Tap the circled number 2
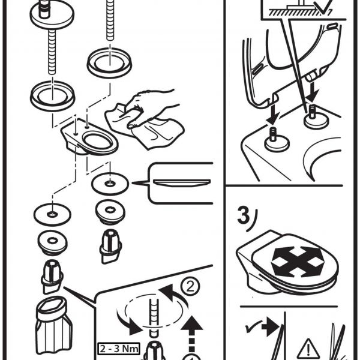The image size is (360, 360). click(190, 286)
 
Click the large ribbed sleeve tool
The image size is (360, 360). click(53, 325)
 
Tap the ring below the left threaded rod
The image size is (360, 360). click(53, 95)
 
